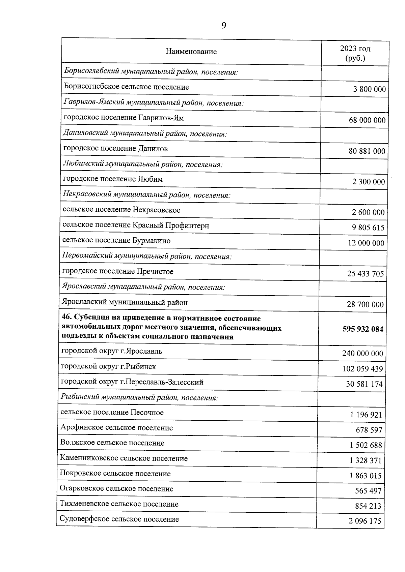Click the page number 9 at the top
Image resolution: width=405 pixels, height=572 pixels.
[x=223, y=26]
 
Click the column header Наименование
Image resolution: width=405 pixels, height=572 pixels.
[x=191, y=52]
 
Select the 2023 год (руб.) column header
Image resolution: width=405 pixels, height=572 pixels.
[x=355, y=53]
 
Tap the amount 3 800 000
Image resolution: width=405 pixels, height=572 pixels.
[x=369, y=89]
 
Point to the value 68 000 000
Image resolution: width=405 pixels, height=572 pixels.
[x=367, y=120]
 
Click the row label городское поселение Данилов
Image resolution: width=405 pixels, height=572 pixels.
[x=115, y=149]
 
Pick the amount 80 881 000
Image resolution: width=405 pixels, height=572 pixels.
[x=367, y=151]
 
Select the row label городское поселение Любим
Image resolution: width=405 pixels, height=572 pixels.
[x=113, y=179]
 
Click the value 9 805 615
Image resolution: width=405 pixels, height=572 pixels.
[x=368, y=228]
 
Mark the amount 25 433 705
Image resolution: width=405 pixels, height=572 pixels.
[x=366, y=274]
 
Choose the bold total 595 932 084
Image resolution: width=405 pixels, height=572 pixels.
[x=363, y=329]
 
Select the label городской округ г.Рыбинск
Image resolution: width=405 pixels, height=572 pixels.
[x=108, y=366]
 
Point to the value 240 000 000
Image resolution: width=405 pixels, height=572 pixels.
[x=362, y=354]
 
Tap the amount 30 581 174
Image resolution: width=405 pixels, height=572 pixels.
[x=364, y=384]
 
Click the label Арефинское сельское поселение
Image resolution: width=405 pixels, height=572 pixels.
[x=116, y=428]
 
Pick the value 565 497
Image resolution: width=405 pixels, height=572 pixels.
[x=368, y=491]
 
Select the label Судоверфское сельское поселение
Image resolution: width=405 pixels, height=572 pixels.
[x=119, y=519]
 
